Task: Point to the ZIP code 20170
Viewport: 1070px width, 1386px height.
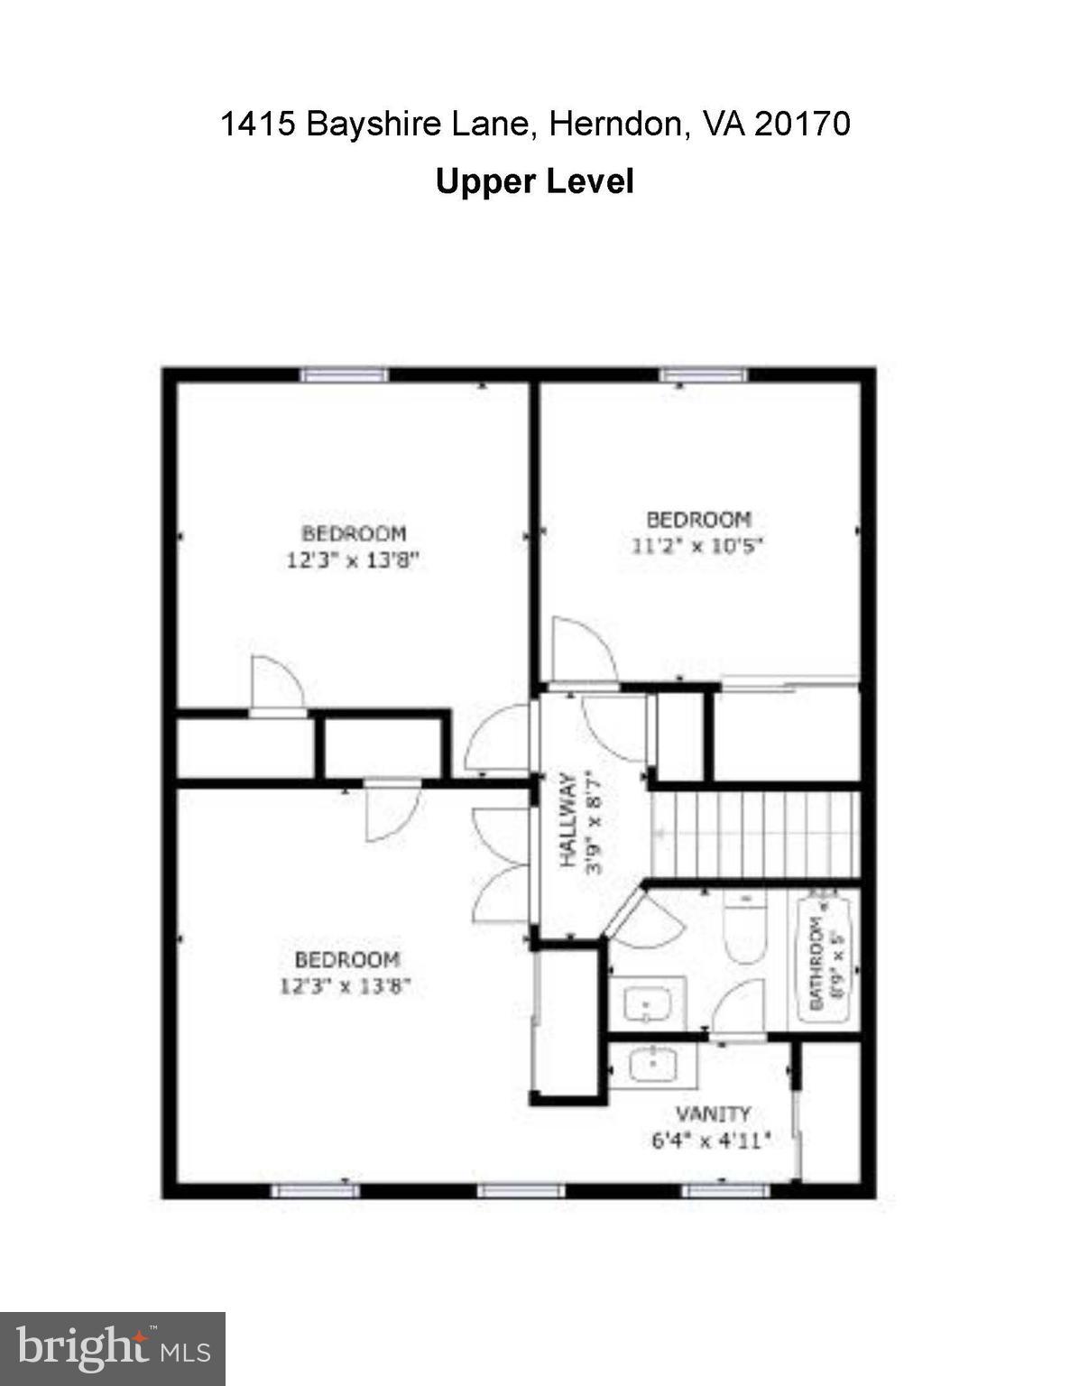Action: tap(801, 124)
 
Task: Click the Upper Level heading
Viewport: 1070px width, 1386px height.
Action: tap(534, 181)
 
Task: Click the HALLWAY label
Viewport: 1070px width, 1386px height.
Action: tap(568, 820)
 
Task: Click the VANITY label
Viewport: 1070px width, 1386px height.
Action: tap(713, 1113)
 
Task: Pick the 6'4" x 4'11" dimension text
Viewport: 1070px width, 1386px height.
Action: tap(710, 1140)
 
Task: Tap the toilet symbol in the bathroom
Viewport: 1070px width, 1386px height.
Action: tap(744, 927)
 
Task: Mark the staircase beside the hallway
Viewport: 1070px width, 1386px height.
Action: tap(756, 835)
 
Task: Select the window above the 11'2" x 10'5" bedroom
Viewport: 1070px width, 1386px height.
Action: tap(703, 374)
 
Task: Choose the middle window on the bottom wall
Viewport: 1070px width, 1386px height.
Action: tap(521, 1191)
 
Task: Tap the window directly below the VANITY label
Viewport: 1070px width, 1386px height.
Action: tap(725, 1191)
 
